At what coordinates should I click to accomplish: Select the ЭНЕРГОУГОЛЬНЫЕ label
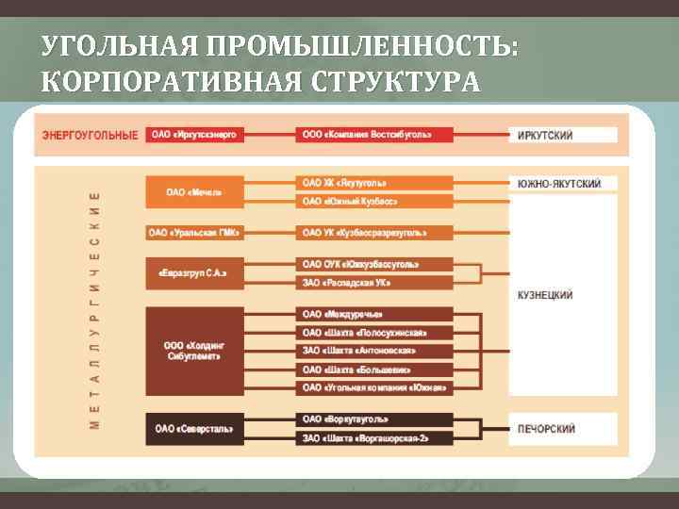tap(90, 135)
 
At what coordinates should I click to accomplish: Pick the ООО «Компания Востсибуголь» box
tap(374, 135)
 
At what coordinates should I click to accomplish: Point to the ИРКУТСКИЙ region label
tap(545, 136)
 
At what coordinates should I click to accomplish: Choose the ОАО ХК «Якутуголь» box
tap(374, 183)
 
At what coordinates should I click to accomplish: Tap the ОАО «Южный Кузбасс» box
tap(374, 202)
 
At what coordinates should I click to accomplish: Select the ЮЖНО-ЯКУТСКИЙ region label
tap(560, 184)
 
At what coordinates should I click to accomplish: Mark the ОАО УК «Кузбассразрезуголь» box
tap(374, 233)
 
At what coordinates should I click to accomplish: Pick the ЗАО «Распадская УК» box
tap(374, 283)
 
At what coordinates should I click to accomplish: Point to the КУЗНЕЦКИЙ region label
tap(545, 295)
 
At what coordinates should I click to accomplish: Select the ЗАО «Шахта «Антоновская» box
tap(374, 351)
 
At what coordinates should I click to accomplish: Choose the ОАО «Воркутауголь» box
tap(374, 419)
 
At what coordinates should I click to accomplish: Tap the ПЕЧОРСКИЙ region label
tap(546, 429)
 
